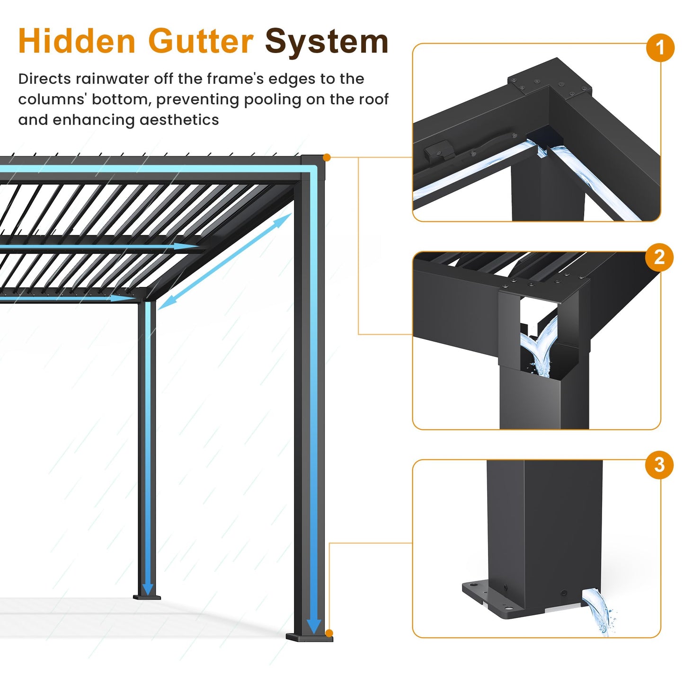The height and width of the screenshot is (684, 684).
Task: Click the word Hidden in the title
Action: [77, 41]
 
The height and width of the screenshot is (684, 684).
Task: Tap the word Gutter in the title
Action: [201, 41]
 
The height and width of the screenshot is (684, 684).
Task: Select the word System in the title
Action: [327, 42]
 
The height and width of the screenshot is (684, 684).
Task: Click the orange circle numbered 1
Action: [660, 48]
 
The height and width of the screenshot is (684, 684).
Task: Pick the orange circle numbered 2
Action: [659, 257]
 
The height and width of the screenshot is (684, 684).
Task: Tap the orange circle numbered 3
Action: [659, 465]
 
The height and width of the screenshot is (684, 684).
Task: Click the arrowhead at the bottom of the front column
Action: [313, 626]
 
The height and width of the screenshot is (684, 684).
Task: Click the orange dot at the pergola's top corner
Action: [327, 157]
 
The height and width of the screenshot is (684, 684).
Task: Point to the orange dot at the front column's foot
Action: [329, 633]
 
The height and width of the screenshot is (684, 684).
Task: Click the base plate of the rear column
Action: [147, 597]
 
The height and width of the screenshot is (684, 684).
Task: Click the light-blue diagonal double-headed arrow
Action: [224, 261]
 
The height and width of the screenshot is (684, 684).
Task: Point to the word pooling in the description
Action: [273, 99]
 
